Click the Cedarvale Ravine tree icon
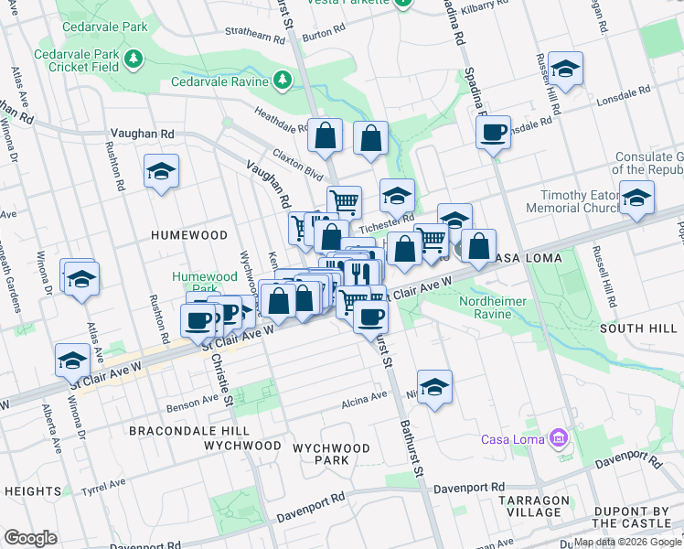pos(283,81)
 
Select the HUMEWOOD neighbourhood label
pos(190,235)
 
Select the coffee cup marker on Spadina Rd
pos(493,133)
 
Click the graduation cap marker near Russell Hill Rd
pos(566,70)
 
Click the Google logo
pos(30,537)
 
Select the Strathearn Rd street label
pos(256,36)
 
